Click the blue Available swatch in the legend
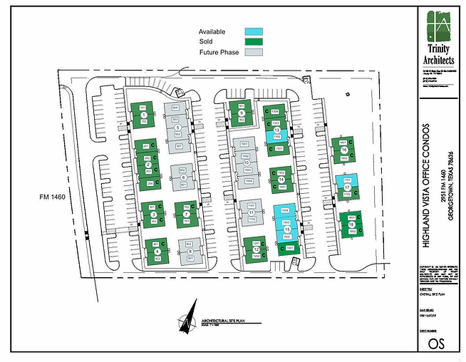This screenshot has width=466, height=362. pyautogui.click(x=254, y=32)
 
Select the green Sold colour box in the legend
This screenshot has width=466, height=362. pyautogui.click(x=254, y=42)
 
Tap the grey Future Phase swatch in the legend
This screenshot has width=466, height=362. pyautogui.click(x=254, y=52)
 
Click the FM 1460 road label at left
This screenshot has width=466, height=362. pyautogui.click(x=53, y=197)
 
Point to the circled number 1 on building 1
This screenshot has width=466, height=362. pyautogui.click(x=144, y=115)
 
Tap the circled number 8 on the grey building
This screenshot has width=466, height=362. pyautogui.click(x=190, y=252)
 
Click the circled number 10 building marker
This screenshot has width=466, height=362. pyautogui.click(x=246, y=162)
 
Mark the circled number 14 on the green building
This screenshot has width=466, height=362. pyautogui.click(x=281, y=180)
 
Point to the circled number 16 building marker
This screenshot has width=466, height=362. pyautogui.click(x=343, y=150)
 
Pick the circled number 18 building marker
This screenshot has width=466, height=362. pyautogui.click(x=351, y=225)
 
